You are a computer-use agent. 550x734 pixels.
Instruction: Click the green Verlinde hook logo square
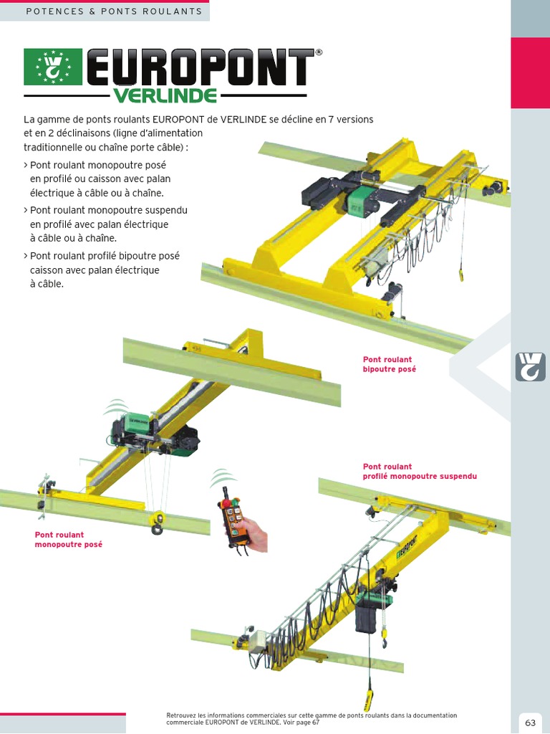pos(53,67)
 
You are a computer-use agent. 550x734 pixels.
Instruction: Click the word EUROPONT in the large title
pos(200,68)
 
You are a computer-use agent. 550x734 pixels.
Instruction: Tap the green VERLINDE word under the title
pos(165,95)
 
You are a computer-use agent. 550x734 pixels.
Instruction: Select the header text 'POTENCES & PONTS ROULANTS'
pos(114,11)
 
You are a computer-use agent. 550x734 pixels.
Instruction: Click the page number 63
pos(530,722)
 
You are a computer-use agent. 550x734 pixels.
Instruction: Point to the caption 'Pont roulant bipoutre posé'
pos(389,364)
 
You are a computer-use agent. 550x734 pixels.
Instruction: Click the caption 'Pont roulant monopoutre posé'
pos(69,540)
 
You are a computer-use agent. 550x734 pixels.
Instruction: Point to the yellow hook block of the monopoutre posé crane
pos(157,523)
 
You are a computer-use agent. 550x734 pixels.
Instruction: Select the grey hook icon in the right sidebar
pos(530,366)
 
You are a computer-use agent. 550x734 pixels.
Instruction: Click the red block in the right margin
pos(530,72)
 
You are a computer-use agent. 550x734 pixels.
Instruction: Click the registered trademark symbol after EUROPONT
pos(319,53)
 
